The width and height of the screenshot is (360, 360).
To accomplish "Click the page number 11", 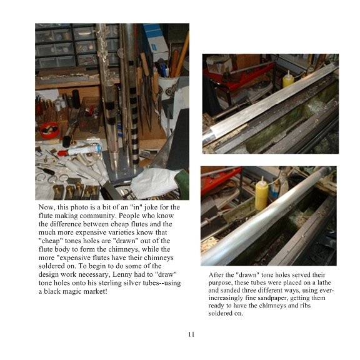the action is click(x=191, y=334).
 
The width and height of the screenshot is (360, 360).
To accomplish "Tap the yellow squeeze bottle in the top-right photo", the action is click(x=288, y=79).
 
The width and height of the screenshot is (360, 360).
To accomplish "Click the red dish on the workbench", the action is click(x=49, y=130).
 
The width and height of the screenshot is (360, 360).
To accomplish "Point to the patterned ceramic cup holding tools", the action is click(x=168, y=88).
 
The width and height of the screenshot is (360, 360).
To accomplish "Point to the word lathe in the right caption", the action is click(x=324, y=282).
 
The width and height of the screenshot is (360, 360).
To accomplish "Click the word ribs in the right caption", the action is click(x=305, y=306).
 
